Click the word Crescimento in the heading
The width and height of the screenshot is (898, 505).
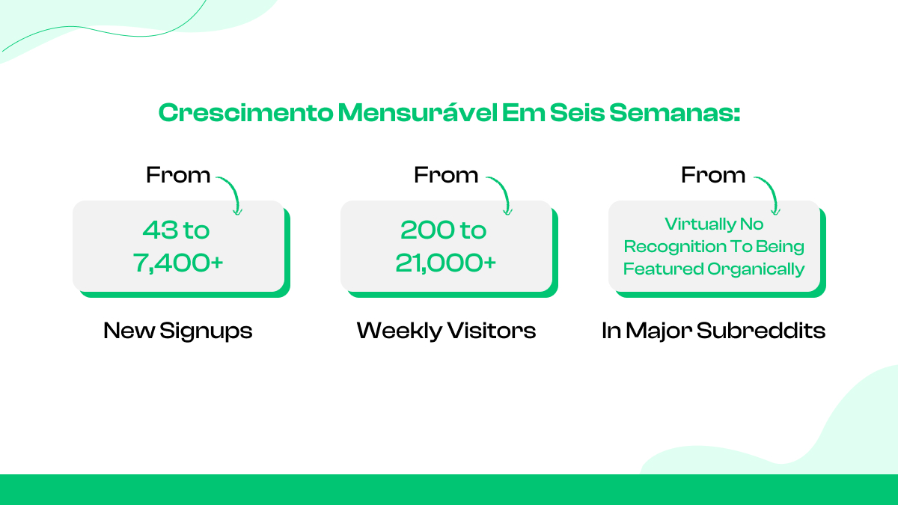[245, 113]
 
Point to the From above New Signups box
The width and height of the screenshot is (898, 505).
[178, 175]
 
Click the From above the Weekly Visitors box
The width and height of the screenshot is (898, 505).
[446, 175]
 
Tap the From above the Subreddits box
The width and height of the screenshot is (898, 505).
[713, 175]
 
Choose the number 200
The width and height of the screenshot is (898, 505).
[423, 230]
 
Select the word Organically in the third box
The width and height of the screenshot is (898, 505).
[756, 269]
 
